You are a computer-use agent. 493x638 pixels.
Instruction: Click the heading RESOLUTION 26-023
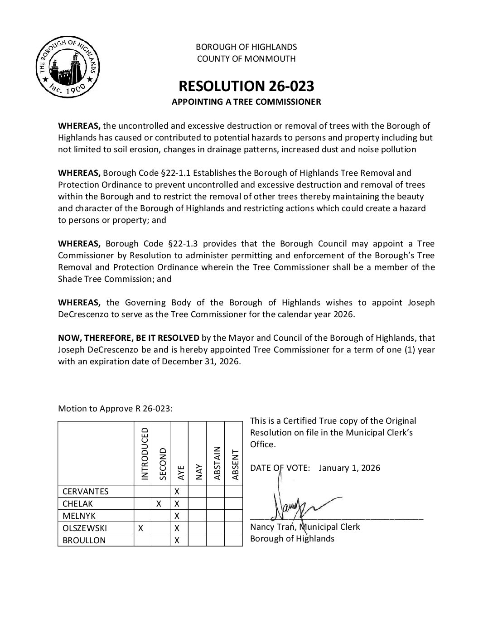tap(246, 86)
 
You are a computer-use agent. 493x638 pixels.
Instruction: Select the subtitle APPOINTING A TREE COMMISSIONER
tap(246, 102)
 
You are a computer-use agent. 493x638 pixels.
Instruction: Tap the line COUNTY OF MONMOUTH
tap(246, 58)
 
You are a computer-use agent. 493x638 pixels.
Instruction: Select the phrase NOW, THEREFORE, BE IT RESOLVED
tap(129, 338)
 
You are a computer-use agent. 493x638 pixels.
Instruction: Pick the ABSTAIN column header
tap(217, 463)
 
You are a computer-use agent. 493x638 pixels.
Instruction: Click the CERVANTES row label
tap(85, 491)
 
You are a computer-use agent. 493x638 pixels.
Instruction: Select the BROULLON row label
tap(84, 540)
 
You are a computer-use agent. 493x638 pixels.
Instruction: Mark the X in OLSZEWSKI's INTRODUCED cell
tap(141, 528)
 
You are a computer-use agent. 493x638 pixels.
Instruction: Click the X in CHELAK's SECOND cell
tap(159, 503)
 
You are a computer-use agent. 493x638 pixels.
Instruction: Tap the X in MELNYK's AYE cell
tap(177, 516)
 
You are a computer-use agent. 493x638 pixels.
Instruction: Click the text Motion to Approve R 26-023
tap(115, 409)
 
